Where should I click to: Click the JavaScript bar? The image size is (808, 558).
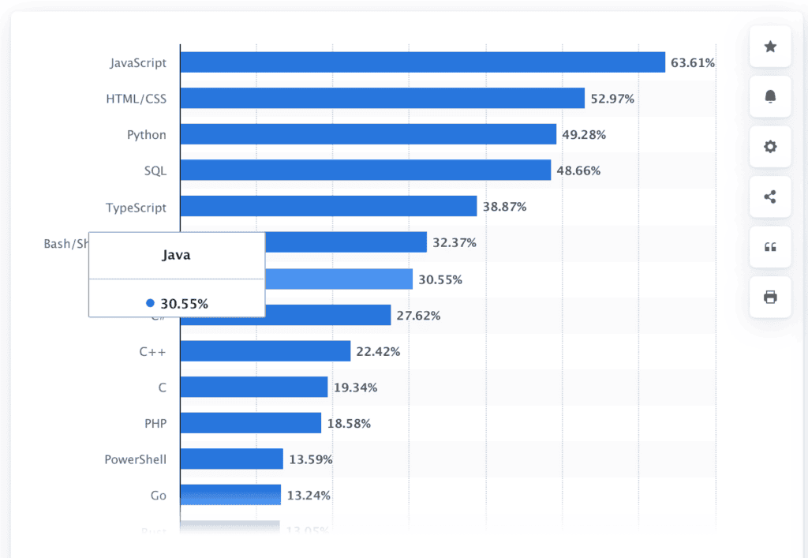422,62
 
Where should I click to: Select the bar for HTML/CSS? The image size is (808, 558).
382,99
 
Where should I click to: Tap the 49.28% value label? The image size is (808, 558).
584,135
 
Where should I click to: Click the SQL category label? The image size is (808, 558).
155,171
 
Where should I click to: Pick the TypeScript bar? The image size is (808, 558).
328,207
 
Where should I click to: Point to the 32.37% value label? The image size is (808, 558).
454,243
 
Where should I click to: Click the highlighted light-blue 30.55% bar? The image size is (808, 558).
339,279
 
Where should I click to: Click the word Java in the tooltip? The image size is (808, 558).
176,255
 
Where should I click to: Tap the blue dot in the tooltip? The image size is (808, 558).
150,303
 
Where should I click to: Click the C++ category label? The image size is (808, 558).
152,352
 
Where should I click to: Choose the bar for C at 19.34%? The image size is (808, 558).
254,388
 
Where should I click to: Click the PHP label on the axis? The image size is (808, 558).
155,424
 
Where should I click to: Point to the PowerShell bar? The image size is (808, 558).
232,459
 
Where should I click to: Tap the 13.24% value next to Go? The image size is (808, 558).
309,496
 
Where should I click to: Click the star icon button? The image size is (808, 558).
770,47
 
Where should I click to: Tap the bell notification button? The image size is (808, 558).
770,96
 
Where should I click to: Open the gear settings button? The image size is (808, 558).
770,147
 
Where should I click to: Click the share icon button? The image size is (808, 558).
770,197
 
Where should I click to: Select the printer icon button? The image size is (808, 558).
770,297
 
